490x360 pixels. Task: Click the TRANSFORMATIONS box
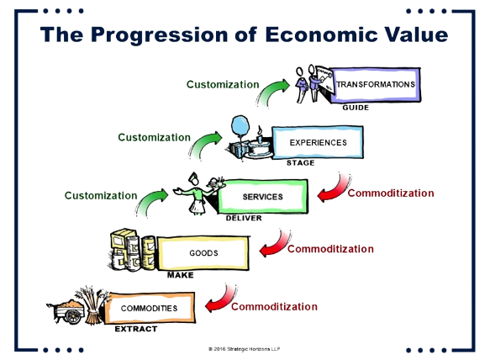tap(376, 85)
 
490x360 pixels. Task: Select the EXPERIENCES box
tap(318, 143)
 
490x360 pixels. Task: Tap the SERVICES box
tap(262, 197)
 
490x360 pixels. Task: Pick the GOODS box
tap(203, 253)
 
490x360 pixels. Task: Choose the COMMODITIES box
tap(150, 308)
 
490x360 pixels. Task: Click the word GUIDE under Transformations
tap(356, 108)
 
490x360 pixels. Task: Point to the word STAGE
tap(301, 162)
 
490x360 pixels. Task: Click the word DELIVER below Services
tap(244, 218)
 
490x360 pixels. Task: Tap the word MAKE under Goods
tap(181, 275)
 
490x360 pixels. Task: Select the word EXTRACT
tap(136, 329)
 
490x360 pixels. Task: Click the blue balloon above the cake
tap(240, 125)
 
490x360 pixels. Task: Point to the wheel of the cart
tap(73, 316)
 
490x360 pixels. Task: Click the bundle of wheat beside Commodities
tap(92, 305)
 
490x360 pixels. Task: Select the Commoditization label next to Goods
tap(330, 249)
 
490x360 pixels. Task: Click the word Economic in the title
tap(321, 34)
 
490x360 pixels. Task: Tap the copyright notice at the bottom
tap(245, 349)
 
